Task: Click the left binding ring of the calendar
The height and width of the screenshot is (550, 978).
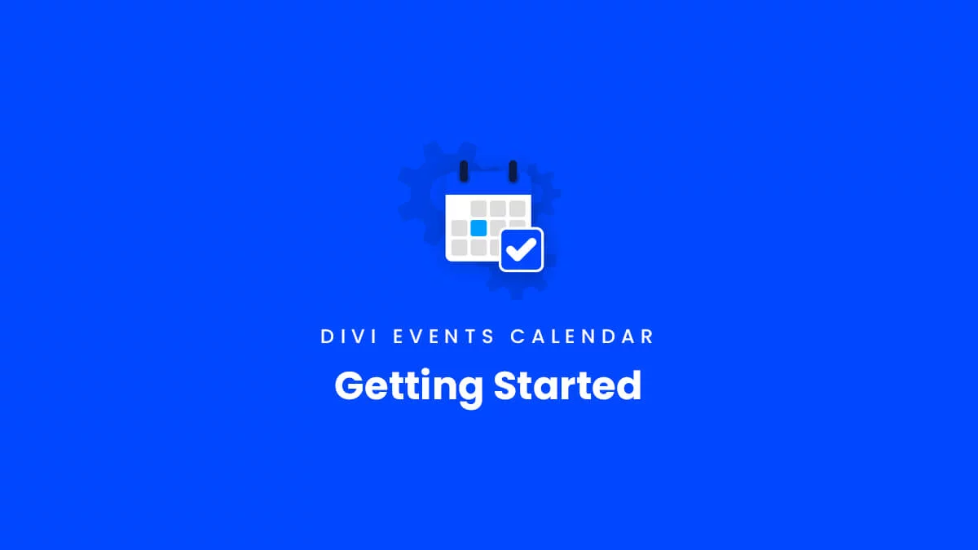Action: click(464, 171)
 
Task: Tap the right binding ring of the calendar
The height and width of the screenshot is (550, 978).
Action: click(513, 171)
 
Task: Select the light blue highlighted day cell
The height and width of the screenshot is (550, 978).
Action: click(478, 228)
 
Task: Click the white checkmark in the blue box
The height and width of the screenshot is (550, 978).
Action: click(521, 249)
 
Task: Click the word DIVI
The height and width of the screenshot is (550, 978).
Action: click(349, 337)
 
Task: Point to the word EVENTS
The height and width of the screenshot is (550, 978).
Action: click(443, 337)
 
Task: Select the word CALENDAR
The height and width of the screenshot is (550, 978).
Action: click(582, 337)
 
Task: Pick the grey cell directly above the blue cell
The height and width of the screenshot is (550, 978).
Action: click(478, 209)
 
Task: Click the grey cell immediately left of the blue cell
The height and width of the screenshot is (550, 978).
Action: click(459, 228)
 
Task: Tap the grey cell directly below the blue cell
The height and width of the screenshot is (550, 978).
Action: click(478, 248)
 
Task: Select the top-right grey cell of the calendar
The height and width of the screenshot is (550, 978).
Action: click(518, 209)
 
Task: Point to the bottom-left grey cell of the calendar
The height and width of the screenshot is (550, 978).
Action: click(459, 248)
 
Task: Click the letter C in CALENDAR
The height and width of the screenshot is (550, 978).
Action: click(518, 337)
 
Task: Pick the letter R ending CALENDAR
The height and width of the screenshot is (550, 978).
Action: click(647, 337)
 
